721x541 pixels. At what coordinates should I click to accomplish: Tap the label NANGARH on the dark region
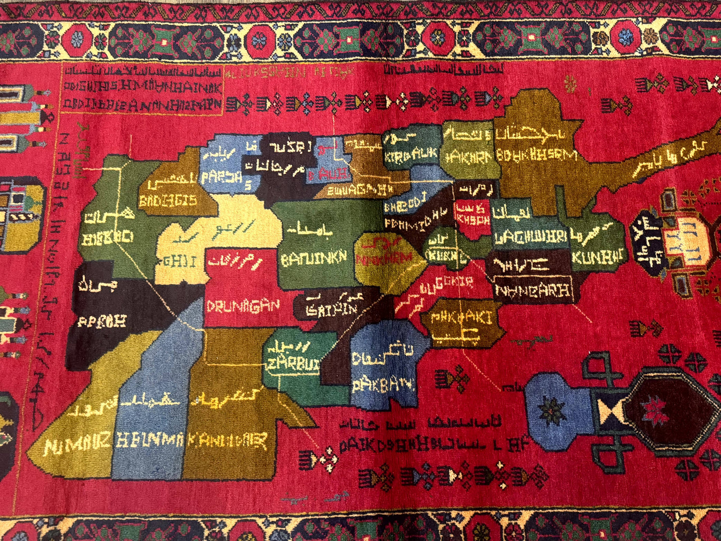[532, 290]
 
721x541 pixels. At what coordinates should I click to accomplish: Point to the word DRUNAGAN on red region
[243, 305]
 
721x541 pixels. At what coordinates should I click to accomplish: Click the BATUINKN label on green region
[314, 259]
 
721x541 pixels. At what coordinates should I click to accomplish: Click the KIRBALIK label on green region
[411, 155]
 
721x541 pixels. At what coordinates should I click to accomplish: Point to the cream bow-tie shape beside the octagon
[611, 411]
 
